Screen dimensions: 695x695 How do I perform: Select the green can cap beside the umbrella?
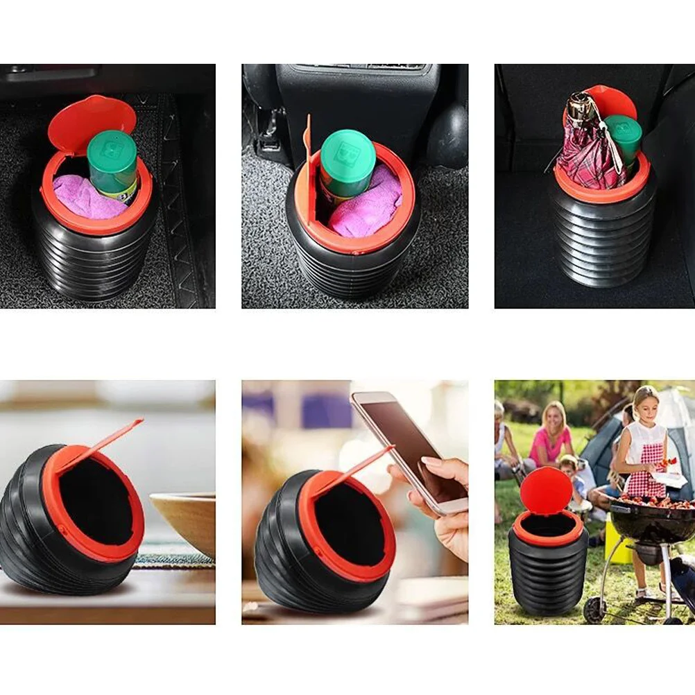point(624,128)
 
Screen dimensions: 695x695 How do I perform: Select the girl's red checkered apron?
point(645,471)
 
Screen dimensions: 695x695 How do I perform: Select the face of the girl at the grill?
point(646,405)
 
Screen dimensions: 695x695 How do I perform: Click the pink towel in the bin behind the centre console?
point(368,208)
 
